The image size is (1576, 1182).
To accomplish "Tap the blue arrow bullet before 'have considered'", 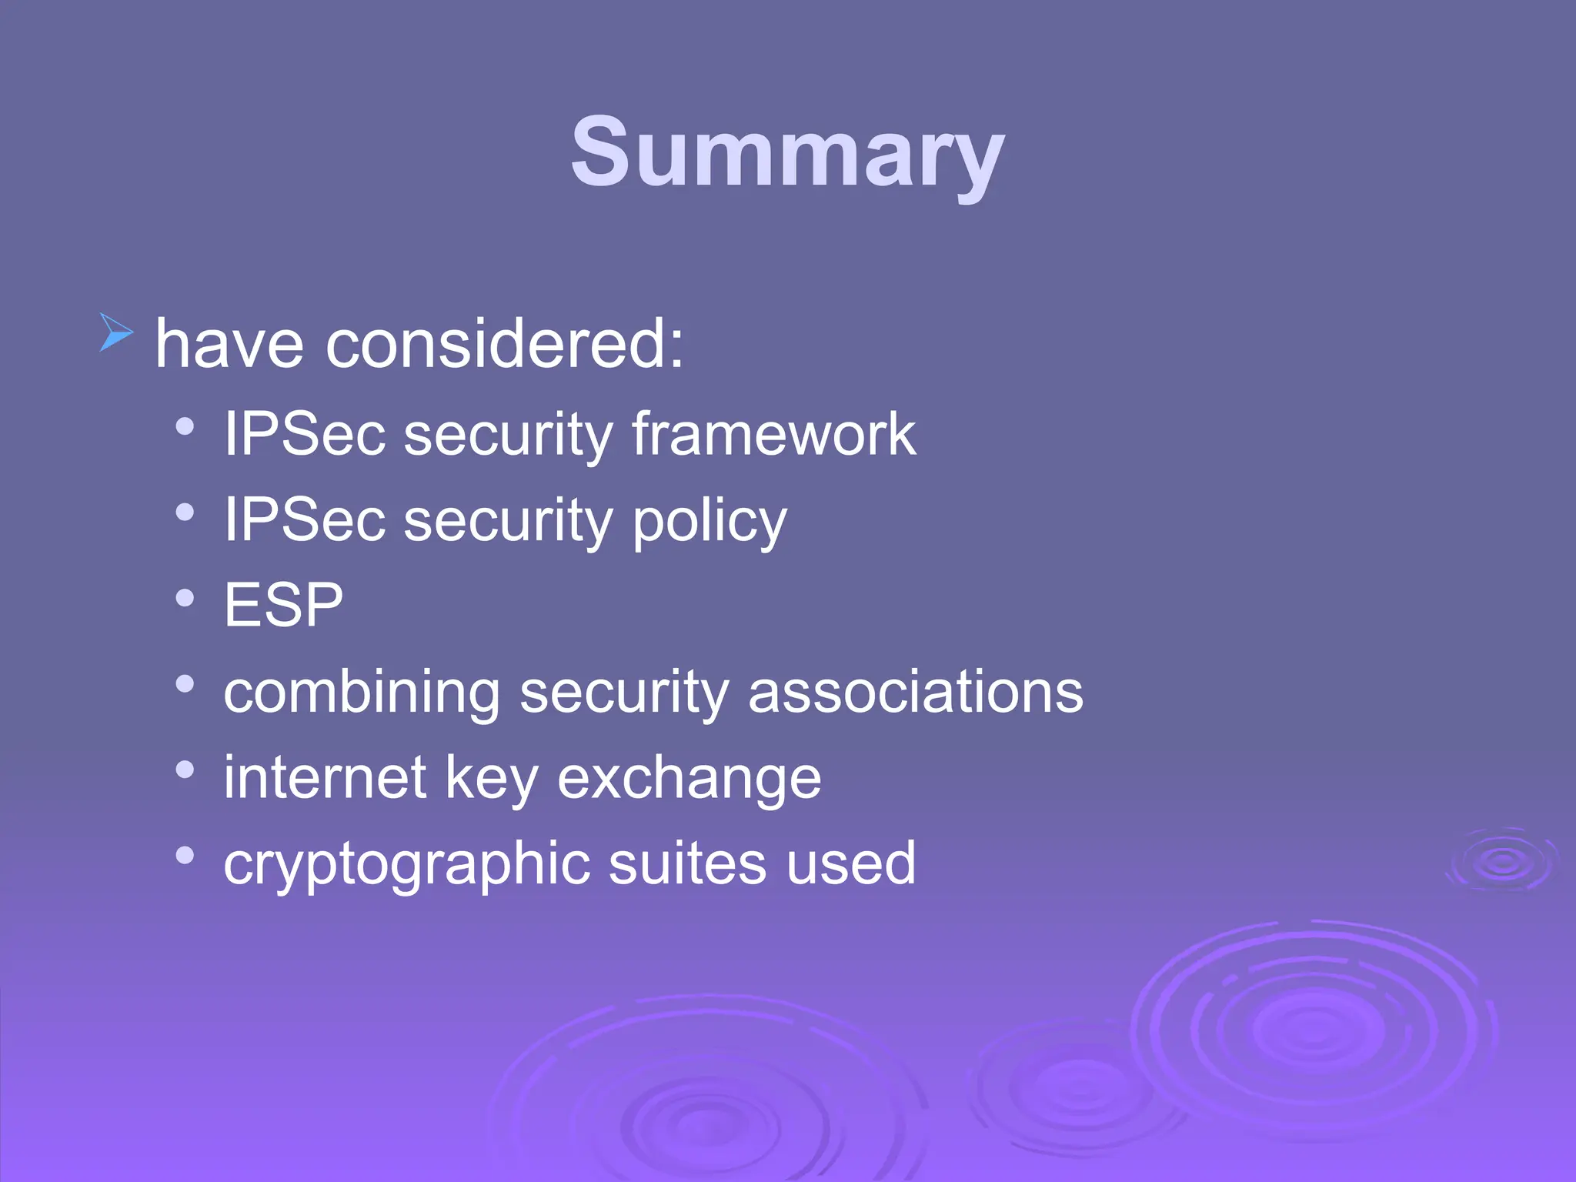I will pos(116,332).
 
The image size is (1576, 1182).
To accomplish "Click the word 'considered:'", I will pos(504,344).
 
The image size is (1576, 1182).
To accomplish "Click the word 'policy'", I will pos(709,520).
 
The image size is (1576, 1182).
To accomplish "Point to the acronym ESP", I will pos(283,605).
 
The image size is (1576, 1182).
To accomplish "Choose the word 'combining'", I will pos(362,692).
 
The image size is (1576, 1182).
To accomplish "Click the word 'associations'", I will pos(915,692).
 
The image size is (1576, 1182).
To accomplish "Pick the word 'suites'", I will pos(687,863).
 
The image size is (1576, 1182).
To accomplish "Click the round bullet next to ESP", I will pos(185,598).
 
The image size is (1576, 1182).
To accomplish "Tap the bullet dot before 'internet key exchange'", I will pos(185,769).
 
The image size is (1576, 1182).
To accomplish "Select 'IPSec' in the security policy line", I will pos(304,520).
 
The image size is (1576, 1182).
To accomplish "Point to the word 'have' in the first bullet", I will pos(229,344).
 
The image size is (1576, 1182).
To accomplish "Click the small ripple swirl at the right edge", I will pos(1501,860).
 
